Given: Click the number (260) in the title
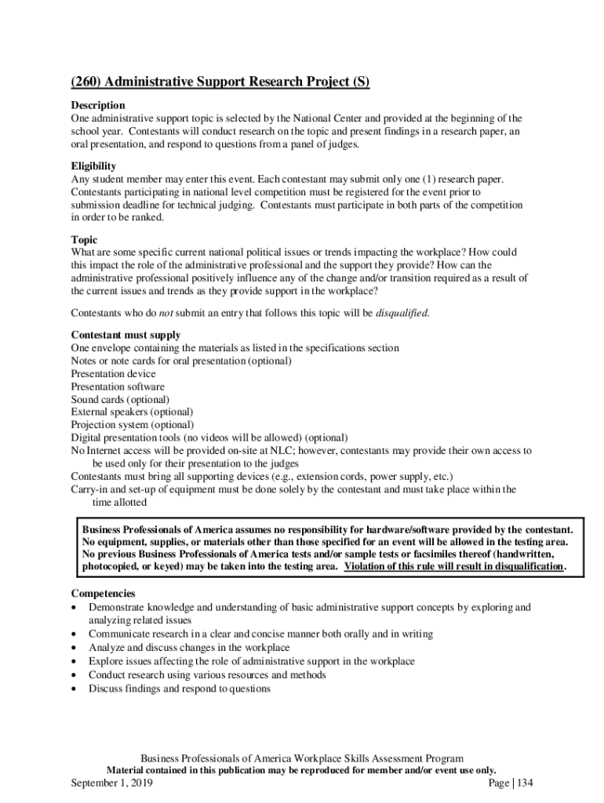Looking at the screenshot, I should coord(86,82).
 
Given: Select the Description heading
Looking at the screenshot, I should coord(98,105).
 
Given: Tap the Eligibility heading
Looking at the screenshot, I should coord(93,166).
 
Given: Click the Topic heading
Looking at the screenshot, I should coord(85,240).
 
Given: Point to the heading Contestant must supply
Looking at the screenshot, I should coord(126,335).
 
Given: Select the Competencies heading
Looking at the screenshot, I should coord(103,594).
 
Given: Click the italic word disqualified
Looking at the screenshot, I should coord(402,313).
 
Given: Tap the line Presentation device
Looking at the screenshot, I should coord(114,374).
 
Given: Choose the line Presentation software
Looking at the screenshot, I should coord(118,387).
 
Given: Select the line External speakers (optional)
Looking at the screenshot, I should coord(132,412).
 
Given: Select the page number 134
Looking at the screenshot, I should coord(524,783).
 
